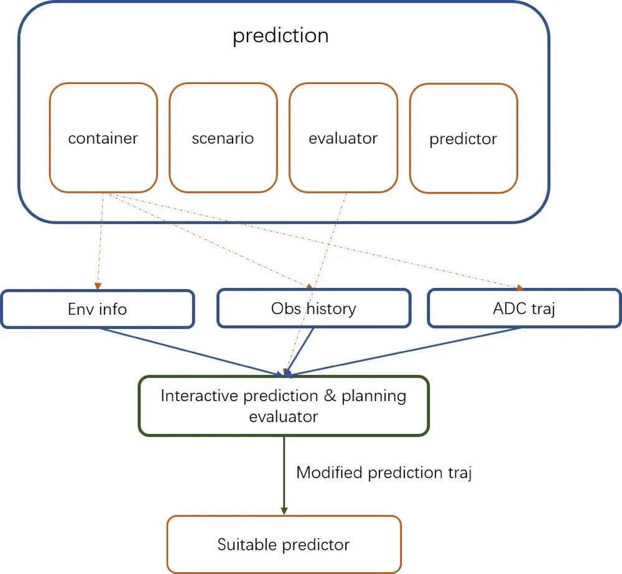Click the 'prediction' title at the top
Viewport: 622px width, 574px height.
(281, 35)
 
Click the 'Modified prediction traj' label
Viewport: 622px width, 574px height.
(384, 473)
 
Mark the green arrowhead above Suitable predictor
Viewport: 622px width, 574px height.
(284, 511)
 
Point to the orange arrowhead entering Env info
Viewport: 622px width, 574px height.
(98, 285)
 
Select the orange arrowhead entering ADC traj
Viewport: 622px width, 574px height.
(520, 287)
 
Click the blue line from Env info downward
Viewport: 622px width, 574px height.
(190, 351)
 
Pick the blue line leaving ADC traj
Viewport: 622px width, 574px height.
(407, 351)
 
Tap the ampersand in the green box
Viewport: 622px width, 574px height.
(330, 396)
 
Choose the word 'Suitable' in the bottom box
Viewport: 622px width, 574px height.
(248, 544)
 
